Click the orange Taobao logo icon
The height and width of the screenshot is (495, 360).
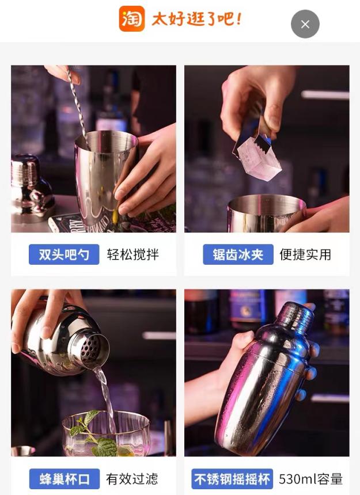[131, 18]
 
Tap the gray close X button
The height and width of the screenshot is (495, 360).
[305, 24]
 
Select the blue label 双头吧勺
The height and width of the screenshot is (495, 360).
[64, 254]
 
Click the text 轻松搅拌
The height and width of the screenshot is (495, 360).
[132, 254]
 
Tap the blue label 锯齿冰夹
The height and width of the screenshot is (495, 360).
[238, 254]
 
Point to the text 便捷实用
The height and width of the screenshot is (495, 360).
[305, 254]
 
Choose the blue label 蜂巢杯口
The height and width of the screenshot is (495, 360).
[65, 478]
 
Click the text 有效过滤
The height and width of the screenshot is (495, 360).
[132, 478]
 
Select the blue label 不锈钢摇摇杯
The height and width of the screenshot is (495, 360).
[232, 478]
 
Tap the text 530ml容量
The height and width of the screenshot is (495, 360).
[310, 478]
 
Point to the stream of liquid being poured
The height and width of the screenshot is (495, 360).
[105, 391]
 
